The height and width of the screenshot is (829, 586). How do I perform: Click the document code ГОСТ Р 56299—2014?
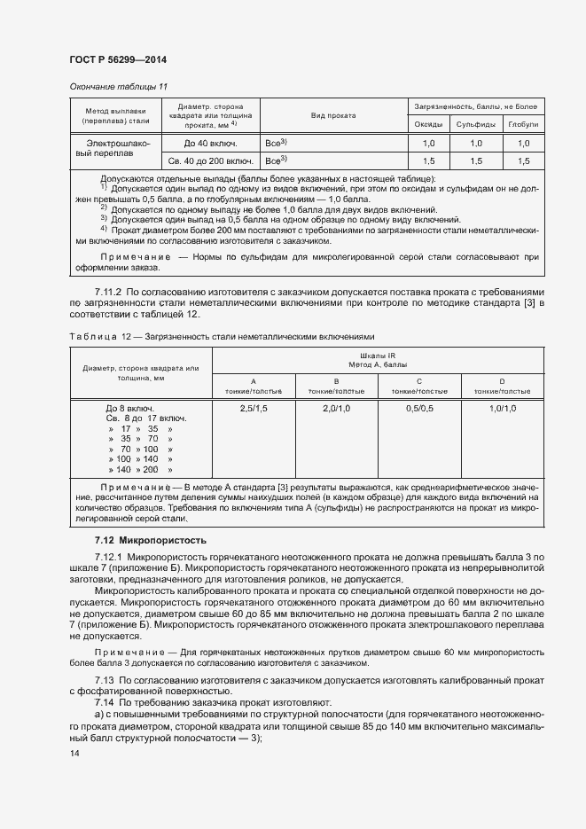coord(117,60)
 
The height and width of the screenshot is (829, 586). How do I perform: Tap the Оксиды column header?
coord(429,125)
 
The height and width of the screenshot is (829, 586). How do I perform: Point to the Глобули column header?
coord(523,125)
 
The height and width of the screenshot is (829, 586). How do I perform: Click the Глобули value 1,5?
coord(523,161)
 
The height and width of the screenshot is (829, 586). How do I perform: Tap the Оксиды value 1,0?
coord(429,143)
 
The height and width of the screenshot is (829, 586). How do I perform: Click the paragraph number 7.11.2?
coord(112,293)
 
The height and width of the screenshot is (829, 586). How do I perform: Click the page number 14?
coord(74,754)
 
